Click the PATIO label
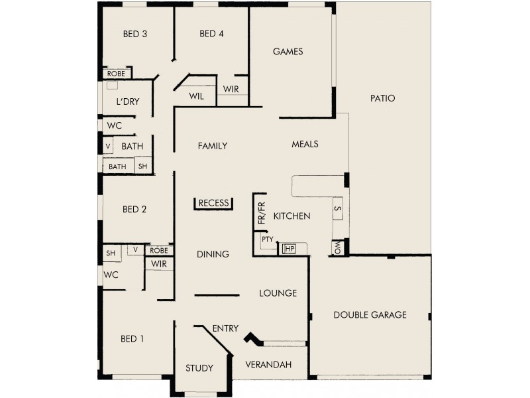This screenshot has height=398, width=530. click(383, 98)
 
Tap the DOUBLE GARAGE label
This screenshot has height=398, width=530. click(370, 314)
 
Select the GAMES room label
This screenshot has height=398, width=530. click(288, 51)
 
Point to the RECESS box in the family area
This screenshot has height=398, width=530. click(213, 203)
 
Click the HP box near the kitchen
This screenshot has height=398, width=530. click(289, 248)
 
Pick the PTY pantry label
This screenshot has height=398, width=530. click(268, 239)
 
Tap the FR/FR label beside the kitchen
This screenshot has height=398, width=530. click(260, 214)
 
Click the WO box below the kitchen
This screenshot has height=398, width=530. click(337, 248)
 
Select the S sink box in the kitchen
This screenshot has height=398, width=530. click(337, 209)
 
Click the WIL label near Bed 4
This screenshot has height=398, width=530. click(196, 96)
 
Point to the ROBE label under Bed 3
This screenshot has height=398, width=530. click(116, 74)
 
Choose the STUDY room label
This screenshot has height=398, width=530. click(199, 368)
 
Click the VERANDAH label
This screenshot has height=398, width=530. click(268, 365)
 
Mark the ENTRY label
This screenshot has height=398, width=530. click(225, 328)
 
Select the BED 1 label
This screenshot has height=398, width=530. click(132, 339)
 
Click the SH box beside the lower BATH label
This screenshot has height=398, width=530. click(143, 166)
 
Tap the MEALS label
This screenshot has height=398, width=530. click(305, 144)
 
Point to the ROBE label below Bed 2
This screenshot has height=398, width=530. click(159, 250)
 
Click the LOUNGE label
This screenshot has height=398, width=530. click(278, 293)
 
